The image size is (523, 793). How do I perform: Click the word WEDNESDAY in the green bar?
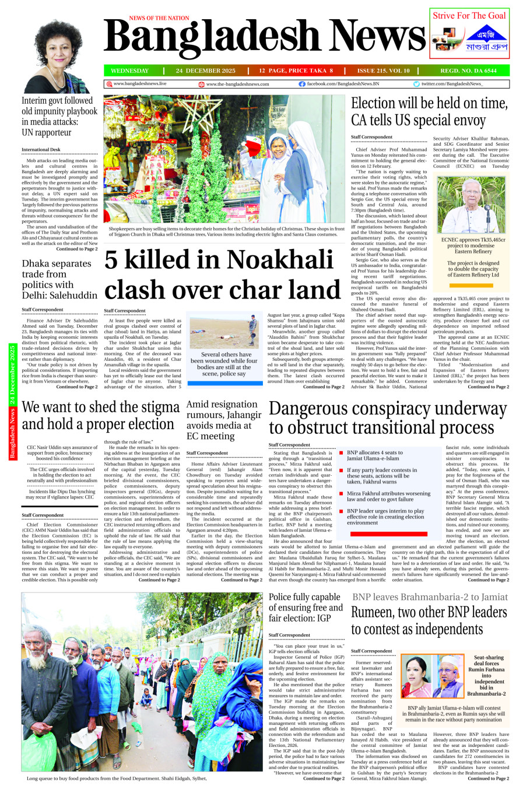click(x=129, y=71)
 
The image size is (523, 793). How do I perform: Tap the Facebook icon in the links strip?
click(x=302, y=84)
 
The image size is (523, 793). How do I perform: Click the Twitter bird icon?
click(x=416, y=84)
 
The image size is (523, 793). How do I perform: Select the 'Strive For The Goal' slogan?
click(x=469, y=16)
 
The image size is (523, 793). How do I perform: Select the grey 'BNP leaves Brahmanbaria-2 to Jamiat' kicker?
click(x=430, y=596)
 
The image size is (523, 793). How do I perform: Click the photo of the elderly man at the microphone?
click(x=471, y=205)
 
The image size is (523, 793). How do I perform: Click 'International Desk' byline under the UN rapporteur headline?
click(x=41, y=150)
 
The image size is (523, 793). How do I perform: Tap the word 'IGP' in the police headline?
click(x=323, y=618)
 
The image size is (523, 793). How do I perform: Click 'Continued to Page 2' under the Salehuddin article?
click(x=77, y=387)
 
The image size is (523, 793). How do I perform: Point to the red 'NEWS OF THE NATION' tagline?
click(x=159, y=19)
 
